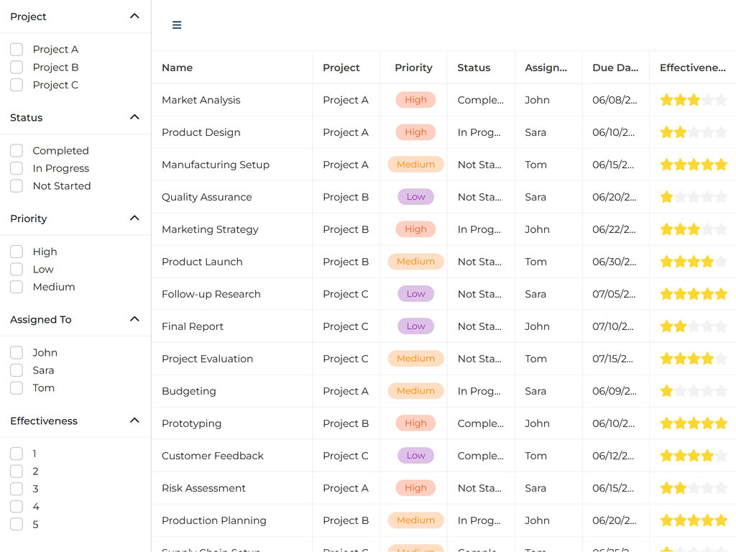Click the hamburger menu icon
coord(177,25)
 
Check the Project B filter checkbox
coord(17,67)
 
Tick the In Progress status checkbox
coord(17,168)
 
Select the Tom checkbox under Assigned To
coord(17,388)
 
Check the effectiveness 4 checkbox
coord(17,507)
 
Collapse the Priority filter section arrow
coord(134,218)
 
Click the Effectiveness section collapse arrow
coord(134,420)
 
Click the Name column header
coord(178,68)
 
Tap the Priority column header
coord(413,68)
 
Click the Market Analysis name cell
coord(201,100)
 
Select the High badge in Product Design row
coord(415,132)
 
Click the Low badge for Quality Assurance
coord(415,197)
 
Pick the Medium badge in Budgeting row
coord(415,391)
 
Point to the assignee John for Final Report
coord(537,326)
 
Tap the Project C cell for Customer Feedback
coord(346,456)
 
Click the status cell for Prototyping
coord(480,423)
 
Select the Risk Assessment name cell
coord(203,488)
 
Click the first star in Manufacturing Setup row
coord(667,165)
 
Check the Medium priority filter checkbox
coord(17,287)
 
